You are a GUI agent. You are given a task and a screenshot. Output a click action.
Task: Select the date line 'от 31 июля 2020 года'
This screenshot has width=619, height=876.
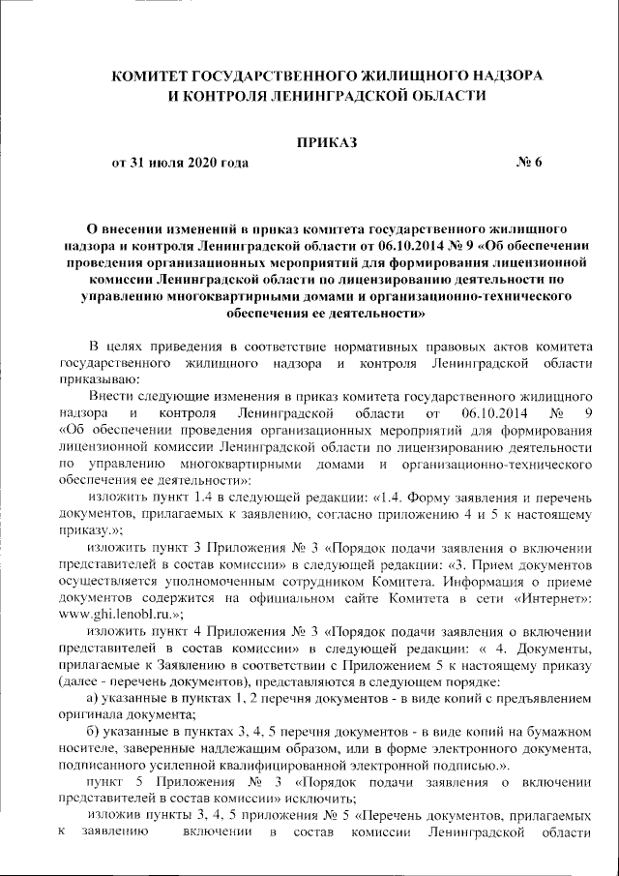click(x=180, y=163)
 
